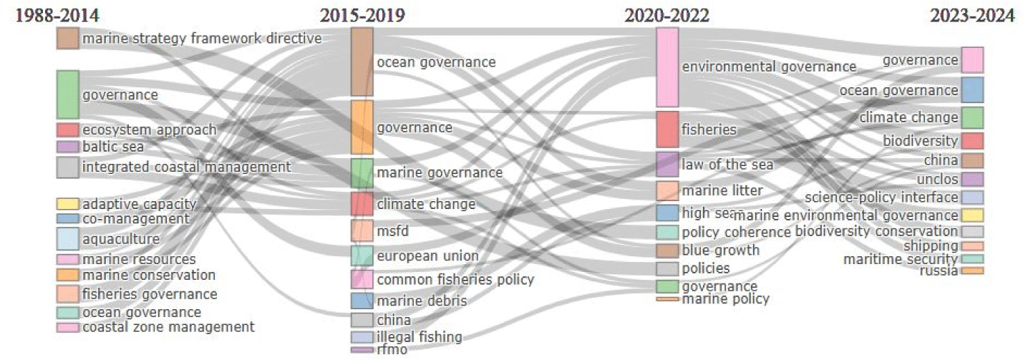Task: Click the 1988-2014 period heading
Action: (x=57, y=16)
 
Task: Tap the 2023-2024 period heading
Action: (x=972, y=16)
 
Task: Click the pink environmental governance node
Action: (x=667, y=67)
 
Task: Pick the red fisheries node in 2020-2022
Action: (x=667, y=130)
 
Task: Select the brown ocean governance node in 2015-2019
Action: (x=362, y=62)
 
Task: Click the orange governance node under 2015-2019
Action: (x=362, y=127)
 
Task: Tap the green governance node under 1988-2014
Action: (x=67, y=94)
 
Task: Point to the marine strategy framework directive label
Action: (x=202, y=39)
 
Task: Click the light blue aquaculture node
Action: (x=67, y=238)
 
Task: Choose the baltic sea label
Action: (x=113, y=147)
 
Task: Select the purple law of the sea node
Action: (x=667, y=164)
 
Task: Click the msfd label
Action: (x=392, y=231)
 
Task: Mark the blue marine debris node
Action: (x=362, y=301)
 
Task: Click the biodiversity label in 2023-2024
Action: (x=920, y=140)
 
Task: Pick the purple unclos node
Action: (x=972, y=179)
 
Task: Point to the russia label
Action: (x=939, y=271)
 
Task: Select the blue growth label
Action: (x=720, y=250)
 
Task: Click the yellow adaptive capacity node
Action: (x=67, y=204)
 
